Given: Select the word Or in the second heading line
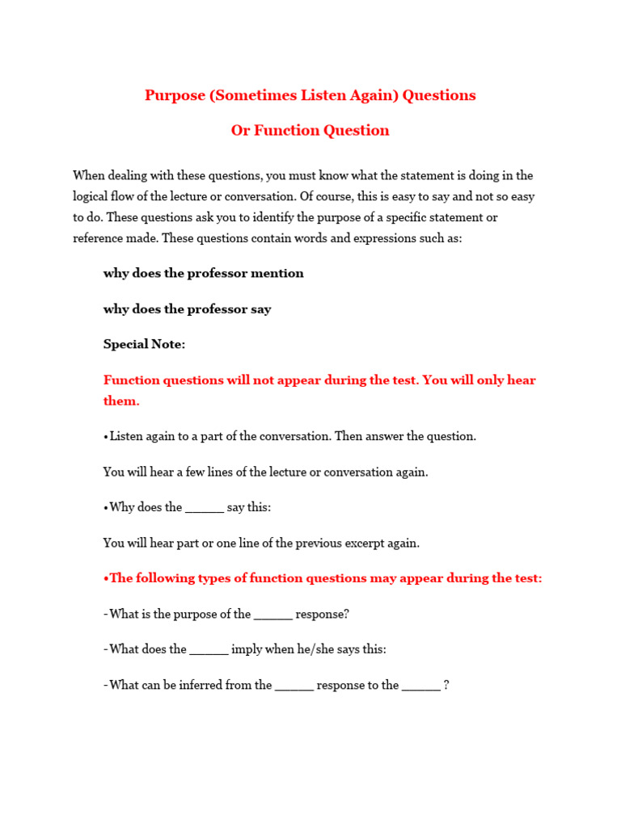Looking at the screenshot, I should tap(240, 131).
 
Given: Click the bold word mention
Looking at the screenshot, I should tap(277, 273).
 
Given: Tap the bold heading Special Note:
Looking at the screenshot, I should tap(144, 344).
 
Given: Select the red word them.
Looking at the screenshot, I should tap(121, 401).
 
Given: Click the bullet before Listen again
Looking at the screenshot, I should tap(106, 436).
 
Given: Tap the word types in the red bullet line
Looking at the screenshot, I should tap(213, 578).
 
